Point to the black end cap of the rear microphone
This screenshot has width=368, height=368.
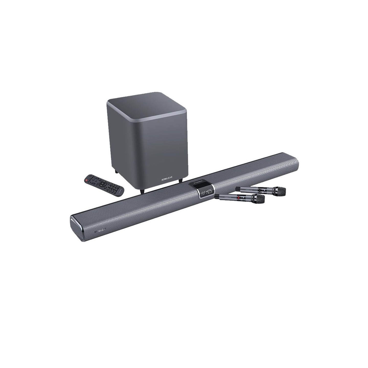click(x=237, y=189)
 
